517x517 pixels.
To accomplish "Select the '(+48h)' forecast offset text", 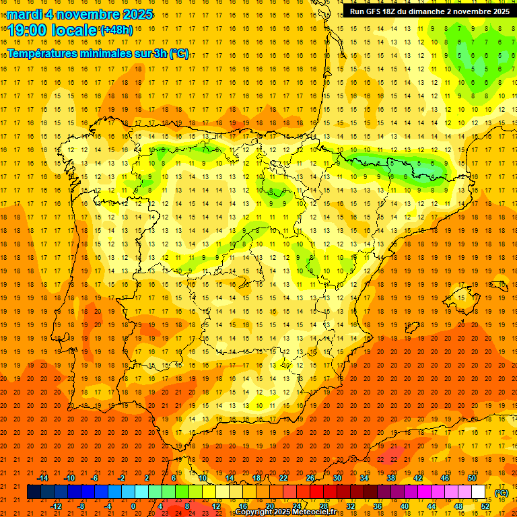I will (116, 30).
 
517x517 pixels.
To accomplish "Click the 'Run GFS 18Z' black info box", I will (429, 11).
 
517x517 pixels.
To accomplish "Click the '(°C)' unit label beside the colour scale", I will (501, 493).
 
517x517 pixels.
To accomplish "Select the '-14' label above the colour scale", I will (42, 478).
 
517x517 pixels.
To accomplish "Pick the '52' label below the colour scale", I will (485, 506).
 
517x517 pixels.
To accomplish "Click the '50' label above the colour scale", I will (472, 478).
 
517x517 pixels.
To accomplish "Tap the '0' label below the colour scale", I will (134, 506).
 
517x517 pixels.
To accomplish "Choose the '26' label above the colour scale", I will (310, 478).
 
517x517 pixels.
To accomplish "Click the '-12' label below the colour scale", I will (56, 506).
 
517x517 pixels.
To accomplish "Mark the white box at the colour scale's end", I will (479, 492).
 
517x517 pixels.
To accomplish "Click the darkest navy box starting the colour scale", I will (34, 492).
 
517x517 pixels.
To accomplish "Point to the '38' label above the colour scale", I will (391, 478).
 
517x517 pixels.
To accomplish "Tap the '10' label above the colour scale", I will (203, 478).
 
